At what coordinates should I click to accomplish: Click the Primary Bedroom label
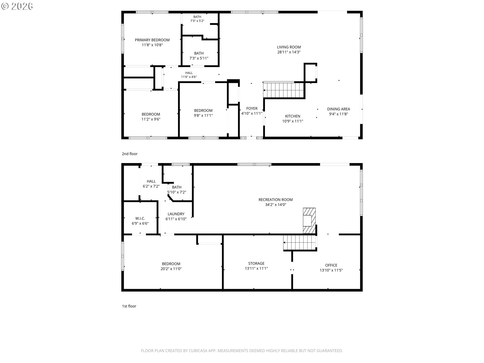(x=152, y=40)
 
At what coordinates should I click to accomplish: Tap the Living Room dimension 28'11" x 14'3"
(x=289, y=52)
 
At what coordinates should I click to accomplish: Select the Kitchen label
(x=292, y=116)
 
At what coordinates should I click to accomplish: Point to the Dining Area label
(x=338, y=109)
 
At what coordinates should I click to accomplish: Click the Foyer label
(x=252, y=108)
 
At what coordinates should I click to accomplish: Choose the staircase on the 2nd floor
(x=284, y=90)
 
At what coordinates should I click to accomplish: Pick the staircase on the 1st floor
(x=300, y=243)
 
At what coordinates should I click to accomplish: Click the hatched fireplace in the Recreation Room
(x=309, y=221)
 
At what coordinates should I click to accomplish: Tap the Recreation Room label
(x=276, y=200)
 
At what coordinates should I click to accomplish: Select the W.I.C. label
(x=140, y=219)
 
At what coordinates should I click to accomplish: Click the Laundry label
(x=176, y=214)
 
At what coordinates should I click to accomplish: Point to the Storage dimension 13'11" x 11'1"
(x=256, y=268)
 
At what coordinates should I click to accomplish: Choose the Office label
(x=331, y=265)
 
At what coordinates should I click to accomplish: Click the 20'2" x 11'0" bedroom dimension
(x=171, y=269)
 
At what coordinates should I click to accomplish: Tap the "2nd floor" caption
(x=130, y=154)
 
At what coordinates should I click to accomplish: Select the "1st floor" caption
(x=129, y=306)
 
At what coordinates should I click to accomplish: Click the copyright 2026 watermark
(x=17, y=6)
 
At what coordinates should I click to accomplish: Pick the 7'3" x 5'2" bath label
(x=197, y=19)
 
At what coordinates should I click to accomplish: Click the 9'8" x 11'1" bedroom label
(x=203, y=113)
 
